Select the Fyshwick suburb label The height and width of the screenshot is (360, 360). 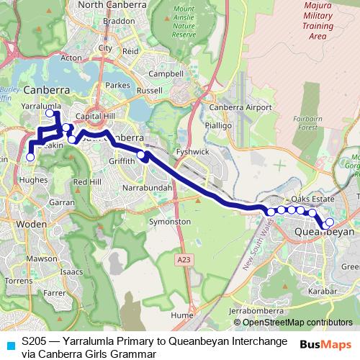coord(192,153)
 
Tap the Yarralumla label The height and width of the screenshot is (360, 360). coord(39,105)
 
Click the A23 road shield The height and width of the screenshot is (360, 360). coord(184,256)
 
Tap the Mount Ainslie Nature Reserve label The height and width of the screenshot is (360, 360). coord(184,23)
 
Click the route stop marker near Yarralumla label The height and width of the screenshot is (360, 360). coord(50,113)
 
